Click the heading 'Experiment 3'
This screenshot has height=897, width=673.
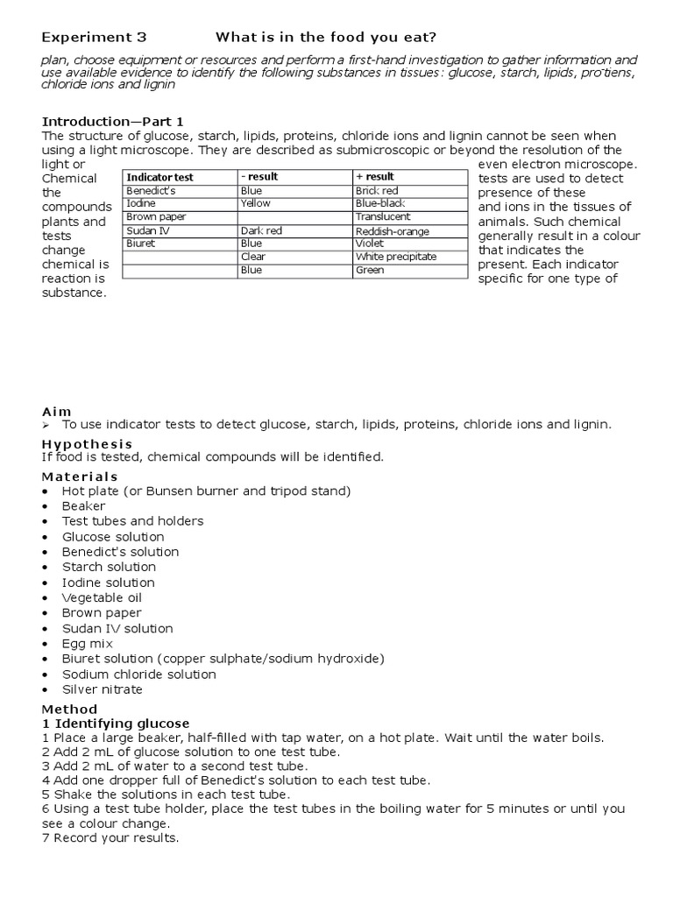tap(95, 37)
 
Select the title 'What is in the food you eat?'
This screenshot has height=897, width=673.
tap(325, 37)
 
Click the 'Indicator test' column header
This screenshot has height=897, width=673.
tap(159, 177)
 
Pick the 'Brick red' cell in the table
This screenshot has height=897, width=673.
tap(377, 190)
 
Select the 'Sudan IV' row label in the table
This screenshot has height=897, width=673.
tap(146, 230)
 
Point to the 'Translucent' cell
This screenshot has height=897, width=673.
tap(383, 216)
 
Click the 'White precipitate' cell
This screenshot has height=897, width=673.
tap(395, 258)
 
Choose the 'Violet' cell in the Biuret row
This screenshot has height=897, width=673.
tap(369, 244)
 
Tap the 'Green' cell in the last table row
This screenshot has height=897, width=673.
tap(369, 271)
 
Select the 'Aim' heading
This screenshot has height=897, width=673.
tap(57, 411)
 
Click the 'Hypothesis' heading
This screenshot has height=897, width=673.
tap(87, 444)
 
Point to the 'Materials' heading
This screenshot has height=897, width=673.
tap(80, 477)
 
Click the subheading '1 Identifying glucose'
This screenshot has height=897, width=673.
tap(116, 724)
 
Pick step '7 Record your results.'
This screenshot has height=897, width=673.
tap(110, 838)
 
